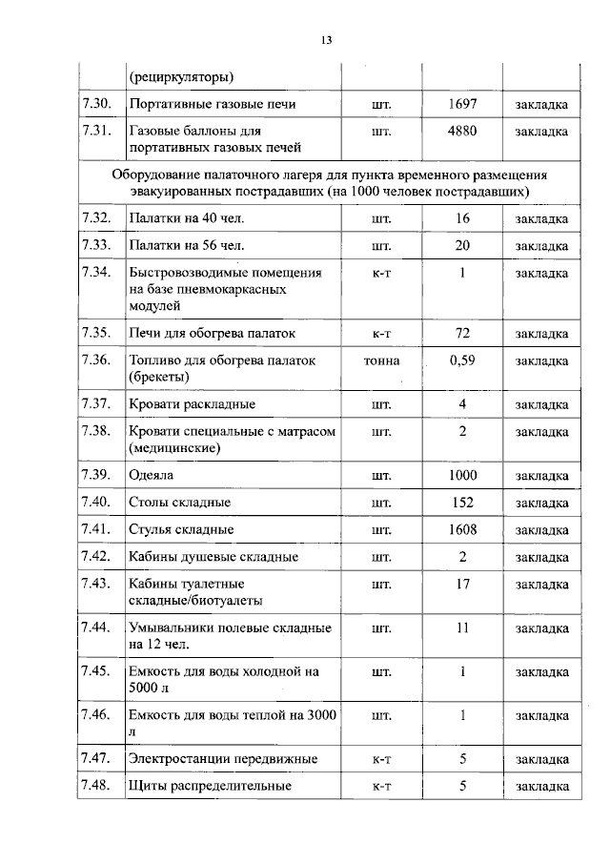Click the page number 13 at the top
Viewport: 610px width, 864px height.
click(x=325, y=40)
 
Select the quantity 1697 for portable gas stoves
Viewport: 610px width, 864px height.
click(x=461, y=103)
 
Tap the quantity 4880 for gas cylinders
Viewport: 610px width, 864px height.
click(x=461, y=131)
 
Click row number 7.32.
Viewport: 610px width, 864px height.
click(x=97, y=219)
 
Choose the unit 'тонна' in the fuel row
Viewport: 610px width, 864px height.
click(x=381, y=361)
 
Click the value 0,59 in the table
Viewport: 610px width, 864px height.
click(x=462, y=361)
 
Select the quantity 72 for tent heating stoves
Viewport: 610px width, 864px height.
click(x=461, y=334)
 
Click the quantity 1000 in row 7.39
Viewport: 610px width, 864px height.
click(x=461, y=475)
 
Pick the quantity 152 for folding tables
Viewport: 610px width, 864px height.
click(x=461, y=502)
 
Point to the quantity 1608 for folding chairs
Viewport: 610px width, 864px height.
click(x=461, y=529)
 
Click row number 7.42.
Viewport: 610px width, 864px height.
click(x=97, y=556)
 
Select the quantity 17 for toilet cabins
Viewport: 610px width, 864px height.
click(x=461, y=584)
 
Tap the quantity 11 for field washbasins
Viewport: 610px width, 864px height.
click(x=461, y=628)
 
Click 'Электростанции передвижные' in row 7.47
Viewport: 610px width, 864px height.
click(x=222, y=759)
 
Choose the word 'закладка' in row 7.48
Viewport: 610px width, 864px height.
click(x=541, y=787)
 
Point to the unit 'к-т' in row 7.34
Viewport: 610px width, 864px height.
click(x=381, y=273)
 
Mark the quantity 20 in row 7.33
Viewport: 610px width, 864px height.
click(x=461, y=246)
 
